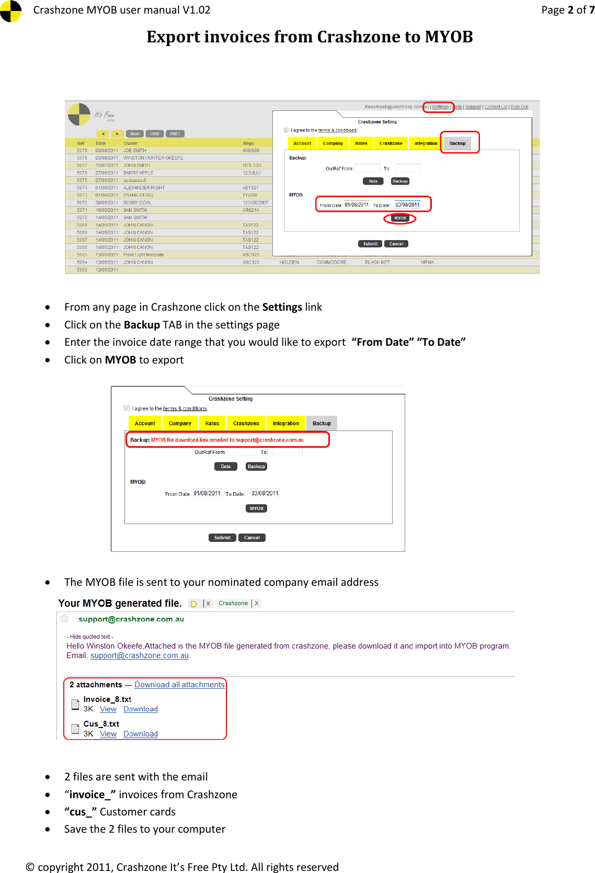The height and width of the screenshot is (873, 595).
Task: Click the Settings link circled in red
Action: [440, 107]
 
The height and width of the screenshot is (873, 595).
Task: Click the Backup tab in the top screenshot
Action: [457, 143]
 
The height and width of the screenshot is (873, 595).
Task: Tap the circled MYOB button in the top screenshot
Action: [400, 218]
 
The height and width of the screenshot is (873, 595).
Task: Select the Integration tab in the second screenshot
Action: [285, 423]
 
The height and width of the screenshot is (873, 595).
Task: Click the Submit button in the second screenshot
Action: [222, 538]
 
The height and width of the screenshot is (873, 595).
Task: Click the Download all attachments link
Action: [179, 685]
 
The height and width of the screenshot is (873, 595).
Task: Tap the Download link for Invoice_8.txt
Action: [140, 709]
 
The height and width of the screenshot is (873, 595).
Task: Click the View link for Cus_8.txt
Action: [108, 734]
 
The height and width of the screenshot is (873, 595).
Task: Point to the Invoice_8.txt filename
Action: [107, 699]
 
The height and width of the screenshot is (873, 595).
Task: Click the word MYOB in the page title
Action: [449, 37]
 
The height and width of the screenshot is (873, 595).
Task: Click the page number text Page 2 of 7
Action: [567, 10]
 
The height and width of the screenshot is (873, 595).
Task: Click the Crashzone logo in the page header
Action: [10, 11]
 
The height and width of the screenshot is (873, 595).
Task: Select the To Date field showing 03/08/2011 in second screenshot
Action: [265, 493]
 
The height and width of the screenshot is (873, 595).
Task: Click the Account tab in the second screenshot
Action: [145, 423]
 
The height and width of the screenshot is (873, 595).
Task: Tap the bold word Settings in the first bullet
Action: [282, 307]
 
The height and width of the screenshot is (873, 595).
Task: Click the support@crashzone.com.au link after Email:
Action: [139, 655]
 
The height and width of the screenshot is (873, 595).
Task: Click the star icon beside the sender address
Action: [64, 619]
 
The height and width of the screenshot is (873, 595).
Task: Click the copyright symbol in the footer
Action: [30, 867]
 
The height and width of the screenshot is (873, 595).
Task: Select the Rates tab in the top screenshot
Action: [361, 143]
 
